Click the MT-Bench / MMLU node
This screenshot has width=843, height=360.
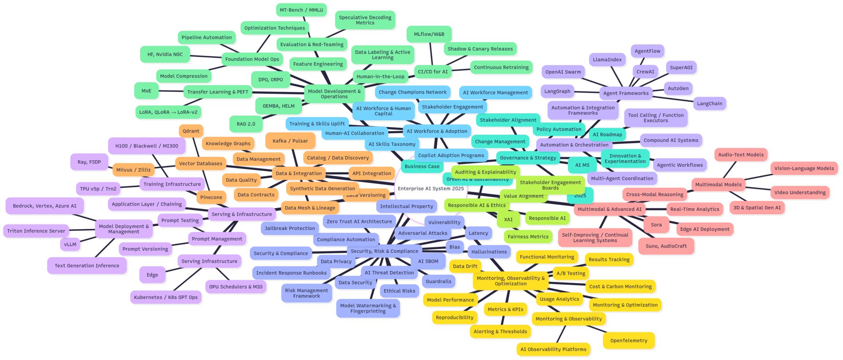[301, 10]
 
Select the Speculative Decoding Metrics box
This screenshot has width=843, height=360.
[365, 20]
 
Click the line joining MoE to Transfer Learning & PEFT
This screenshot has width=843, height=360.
[171, 91]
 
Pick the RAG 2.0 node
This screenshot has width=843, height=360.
[245, 124]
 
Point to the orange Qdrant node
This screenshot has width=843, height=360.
[191, 131]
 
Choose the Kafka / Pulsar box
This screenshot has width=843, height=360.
[290, 141]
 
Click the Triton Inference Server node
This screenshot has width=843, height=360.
[36, 231]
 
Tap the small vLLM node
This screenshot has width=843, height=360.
[70, 245]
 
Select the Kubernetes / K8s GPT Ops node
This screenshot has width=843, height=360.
[166, 297]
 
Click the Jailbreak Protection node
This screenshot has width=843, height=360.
[290, 228]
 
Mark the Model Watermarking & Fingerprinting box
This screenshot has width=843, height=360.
[368, 308]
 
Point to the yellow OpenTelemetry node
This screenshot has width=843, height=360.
[628, 341]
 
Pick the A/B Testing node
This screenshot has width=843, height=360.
[571, 273]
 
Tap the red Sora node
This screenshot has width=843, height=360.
[656, 225]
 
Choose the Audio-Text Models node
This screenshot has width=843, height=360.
[741, 155]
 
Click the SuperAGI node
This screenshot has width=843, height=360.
[681, 68]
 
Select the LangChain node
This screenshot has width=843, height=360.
[710, 104]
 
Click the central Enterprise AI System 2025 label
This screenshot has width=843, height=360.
[430, 189]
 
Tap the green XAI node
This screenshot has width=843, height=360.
[508, 220]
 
